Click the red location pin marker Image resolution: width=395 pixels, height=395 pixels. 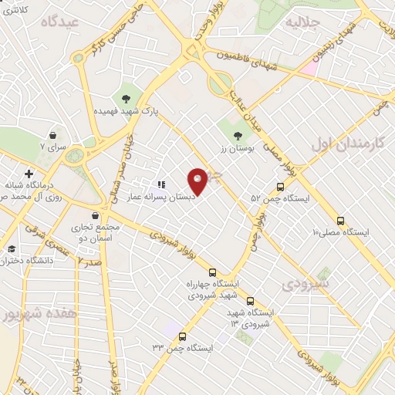(198, 181)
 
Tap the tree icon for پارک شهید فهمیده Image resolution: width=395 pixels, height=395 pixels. (123, 97)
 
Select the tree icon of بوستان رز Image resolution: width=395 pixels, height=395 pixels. (237, 137)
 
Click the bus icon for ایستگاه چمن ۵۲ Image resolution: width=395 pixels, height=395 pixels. (280, 185)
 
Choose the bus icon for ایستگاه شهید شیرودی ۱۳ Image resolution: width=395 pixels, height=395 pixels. (250, 300)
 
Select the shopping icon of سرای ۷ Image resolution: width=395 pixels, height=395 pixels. (52, 133)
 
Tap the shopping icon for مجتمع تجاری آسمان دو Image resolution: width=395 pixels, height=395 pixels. (94, 216)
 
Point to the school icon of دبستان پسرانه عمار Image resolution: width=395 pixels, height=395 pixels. (161, 184)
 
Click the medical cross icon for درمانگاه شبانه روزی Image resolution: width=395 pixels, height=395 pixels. (29, 174)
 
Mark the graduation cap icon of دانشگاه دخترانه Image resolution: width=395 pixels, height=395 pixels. (12, 249)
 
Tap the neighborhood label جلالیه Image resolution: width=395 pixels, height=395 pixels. (303, 24)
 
